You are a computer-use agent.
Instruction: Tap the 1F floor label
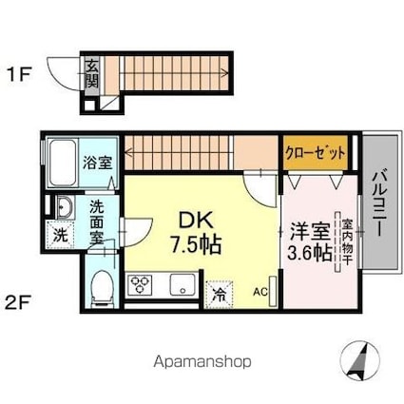coord(19,75)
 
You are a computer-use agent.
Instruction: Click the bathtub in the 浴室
coord(63,164)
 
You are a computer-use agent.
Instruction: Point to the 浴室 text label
coord(98,163)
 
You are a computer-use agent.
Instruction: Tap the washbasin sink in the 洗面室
coord(65,207)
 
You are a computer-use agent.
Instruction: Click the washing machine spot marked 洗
coord(60,235)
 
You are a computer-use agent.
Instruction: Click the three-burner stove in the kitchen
coord(140,284)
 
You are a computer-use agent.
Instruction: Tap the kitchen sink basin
coord(183,284)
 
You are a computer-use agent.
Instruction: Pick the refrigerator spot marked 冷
coord(220,295)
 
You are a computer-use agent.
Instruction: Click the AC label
coord(260,292)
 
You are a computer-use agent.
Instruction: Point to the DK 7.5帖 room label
coord(196,233)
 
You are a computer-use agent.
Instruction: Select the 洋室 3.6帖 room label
coord(310,241)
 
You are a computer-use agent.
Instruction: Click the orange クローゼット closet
coord(316,153)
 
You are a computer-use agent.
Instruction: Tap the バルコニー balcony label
coord(380,203)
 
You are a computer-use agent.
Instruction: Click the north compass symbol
coord(359,360)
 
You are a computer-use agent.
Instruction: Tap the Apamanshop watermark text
coord(202,361)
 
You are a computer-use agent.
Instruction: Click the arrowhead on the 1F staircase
coord(225,73)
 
